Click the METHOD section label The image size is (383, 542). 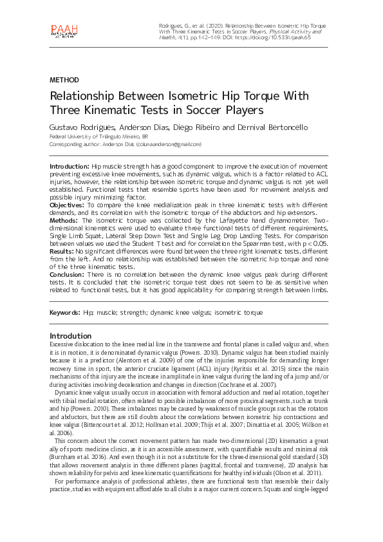(x=64, y=80)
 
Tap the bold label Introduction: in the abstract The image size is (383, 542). (x=70, y=166)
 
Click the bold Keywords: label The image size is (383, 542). (x=65, y=312)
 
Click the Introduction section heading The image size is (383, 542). (x=71, y=335)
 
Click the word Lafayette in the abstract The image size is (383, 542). (x=208, y=220)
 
